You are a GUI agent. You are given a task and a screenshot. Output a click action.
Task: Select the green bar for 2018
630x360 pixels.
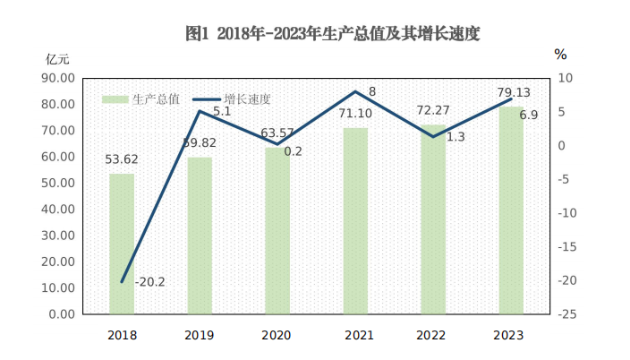[x=122, y=244]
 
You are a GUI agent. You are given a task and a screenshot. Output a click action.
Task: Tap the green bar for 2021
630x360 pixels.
[x=355, y=220]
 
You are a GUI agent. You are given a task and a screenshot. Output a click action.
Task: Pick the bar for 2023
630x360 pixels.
[x=511, y=210]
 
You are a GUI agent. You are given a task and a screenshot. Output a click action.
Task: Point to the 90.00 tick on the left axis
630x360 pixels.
[x=56, y=78]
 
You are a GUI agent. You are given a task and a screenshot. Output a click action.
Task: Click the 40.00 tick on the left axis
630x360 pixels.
[x=56, y=209]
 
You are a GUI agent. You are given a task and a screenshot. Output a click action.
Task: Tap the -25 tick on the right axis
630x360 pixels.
[x=568, y=314]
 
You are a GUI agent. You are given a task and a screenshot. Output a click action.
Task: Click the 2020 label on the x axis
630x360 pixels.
[x=277, y=335]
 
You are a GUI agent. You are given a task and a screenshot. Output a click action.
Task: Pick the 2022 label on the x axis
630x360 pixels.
[x=433, y=335]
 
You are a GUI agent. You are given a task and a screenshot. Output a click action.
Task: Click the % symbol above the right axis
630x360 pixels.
[x=560, y=55]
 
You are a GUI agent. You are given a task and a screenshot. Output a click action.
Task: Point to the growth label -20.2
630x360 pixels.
[x=149, y=283]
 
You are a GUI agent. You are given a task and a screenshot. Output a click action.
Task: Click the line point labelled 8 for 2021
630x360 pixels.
[x=355, y=91]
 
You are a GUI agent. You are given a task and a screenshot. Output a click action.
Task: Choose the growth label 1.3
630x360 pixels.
[x=455, y=137]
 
